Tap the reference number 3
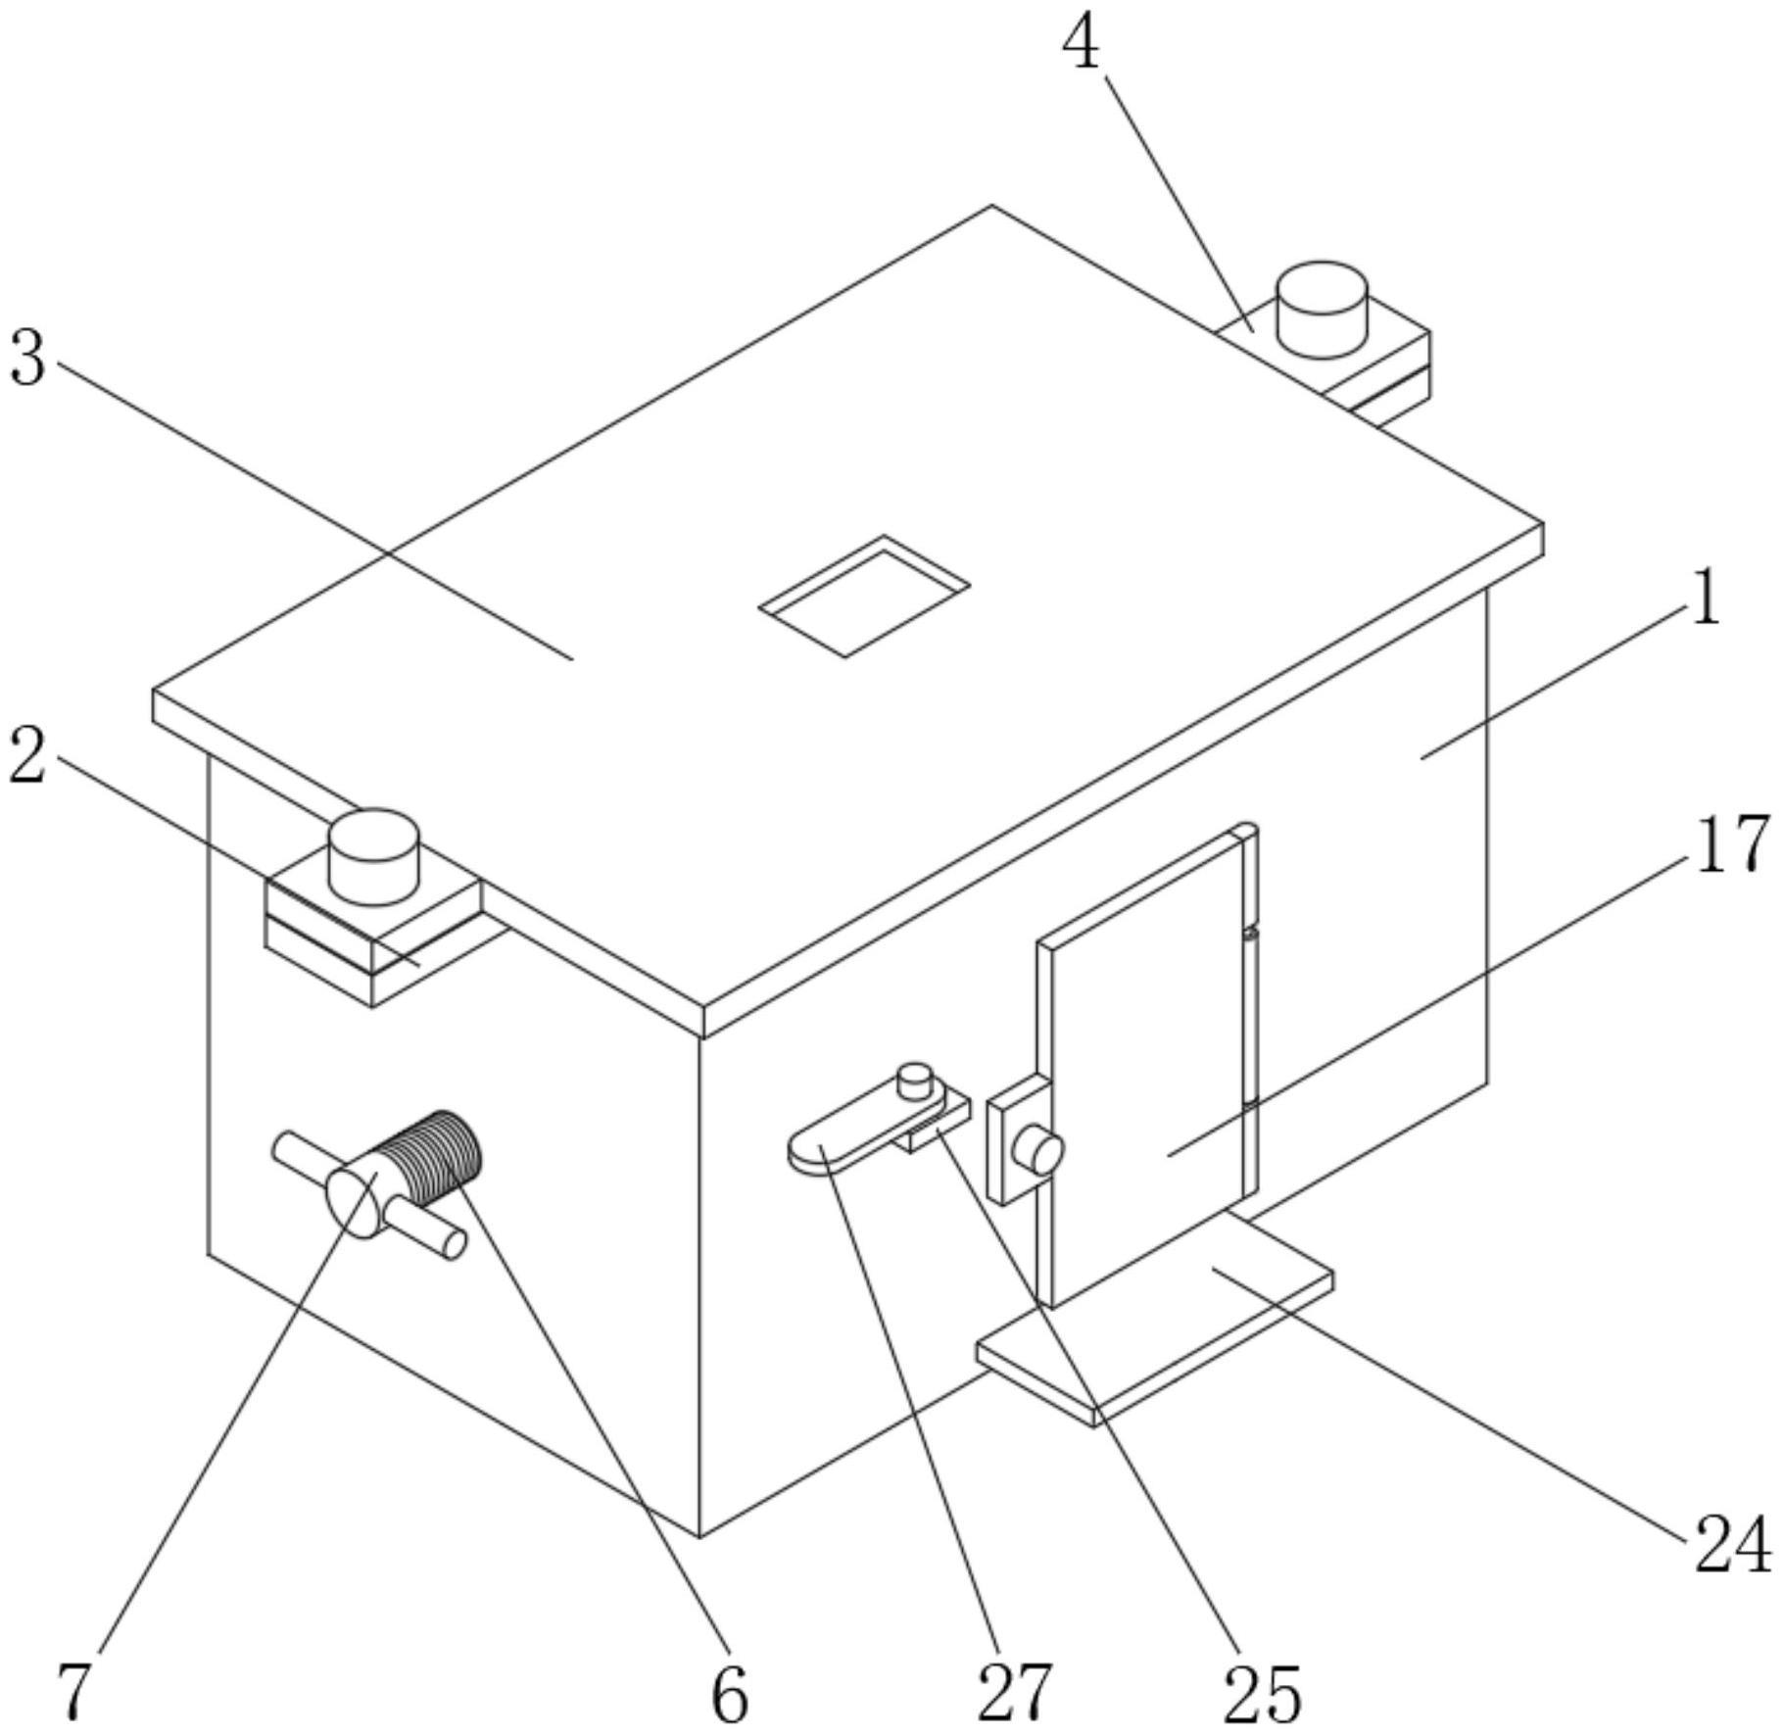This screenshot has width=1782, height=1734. [27, 359]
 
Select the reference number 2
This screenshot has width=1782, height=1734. [27, 756]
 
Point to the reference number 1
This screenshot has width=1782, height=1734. [1706, 600]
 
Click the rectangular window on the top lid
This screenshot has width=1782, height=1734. [864, 596]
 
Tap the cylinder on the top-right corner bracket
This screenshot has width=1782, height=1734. [1321, 310]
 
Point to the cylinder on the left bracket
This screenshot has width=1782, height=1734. [372, 856]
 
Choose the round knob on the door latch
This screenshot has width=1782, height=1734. [1038, 1148]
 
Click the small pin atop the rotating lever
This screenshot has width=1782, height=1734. [914, 1080]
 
